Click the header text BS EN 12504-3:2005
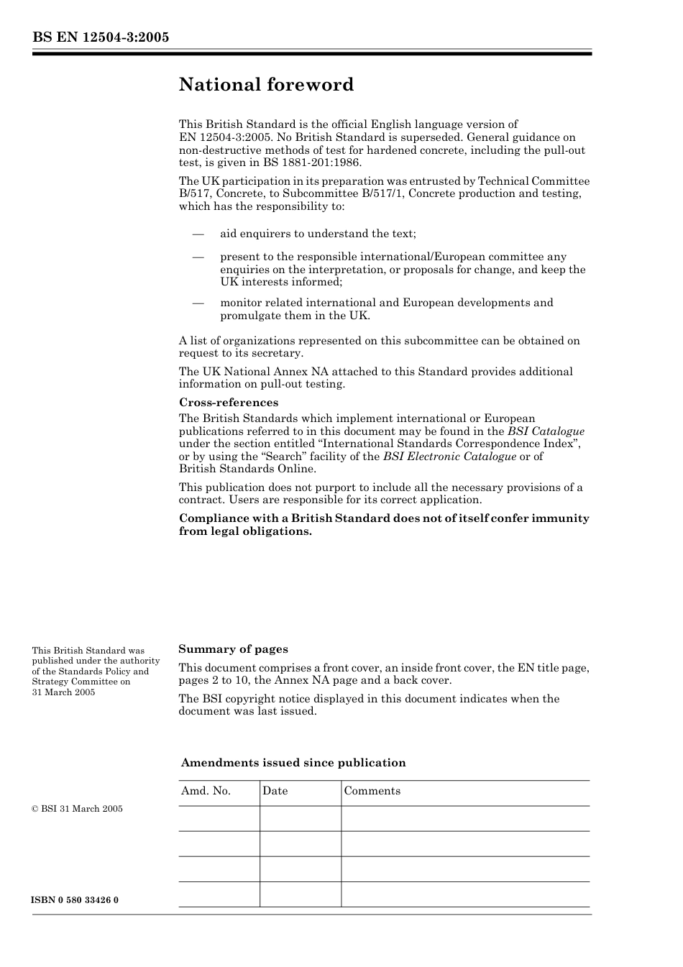coord(101,37)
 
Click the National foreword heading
coord(266,85)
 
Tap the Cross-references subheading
coord(229,403)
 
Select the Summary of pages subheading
coord(233,649)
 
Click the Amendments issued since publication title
coord(293,763)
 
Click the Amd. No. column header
coord(206,791)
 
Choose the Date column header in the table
coord(275,791)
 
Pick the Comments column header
coord(372,791)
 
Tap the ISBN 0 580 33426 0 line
coord(75,900)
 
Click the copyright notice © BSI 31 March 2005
coord(77,809)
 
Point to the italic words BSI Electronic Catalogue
coord(449,457)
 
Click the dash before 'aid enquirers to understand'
coord(198,234)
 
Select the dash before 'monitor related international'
coord(198,303)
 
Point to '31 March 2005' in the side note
coord(63,692)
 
